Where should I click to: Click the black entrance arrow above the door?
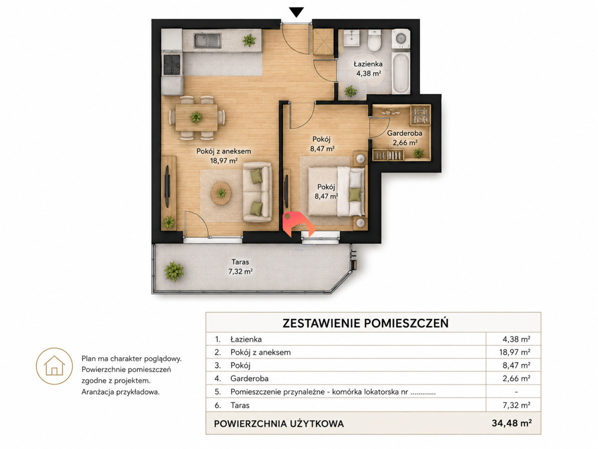pos(296,12)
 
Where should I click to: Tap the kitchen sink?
pos(207,40)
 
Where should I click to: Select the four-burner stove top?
pos(172,65)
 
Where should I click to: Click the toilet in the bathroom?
pos(374,40)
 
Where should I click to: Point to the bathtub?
pos(401,73)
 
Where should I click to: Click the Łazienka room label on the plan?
pos(368,64)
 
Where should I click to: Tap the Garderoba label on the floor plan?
pos(405,133)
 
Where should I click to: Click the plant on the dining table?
pos(196,118)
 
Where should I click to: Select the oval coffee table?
pos(221,193)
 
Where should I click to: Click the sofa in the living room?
pos(258,192)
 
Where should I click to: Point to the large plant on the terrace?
pos(173,271)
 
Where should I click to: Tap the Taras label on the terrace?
pos(240,262)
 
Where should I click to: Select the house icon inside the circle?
pos(54,366)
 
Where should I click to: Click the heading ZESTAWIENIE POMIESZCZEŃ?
pos(365,323)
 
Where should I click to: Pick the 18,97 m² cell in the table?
pos(515,352)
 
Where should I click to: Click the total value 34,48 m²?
pos(512,423)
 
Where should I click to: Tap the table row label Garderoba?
pos(249,378)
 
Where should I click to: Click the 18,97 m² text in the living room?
pos(224,161)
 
